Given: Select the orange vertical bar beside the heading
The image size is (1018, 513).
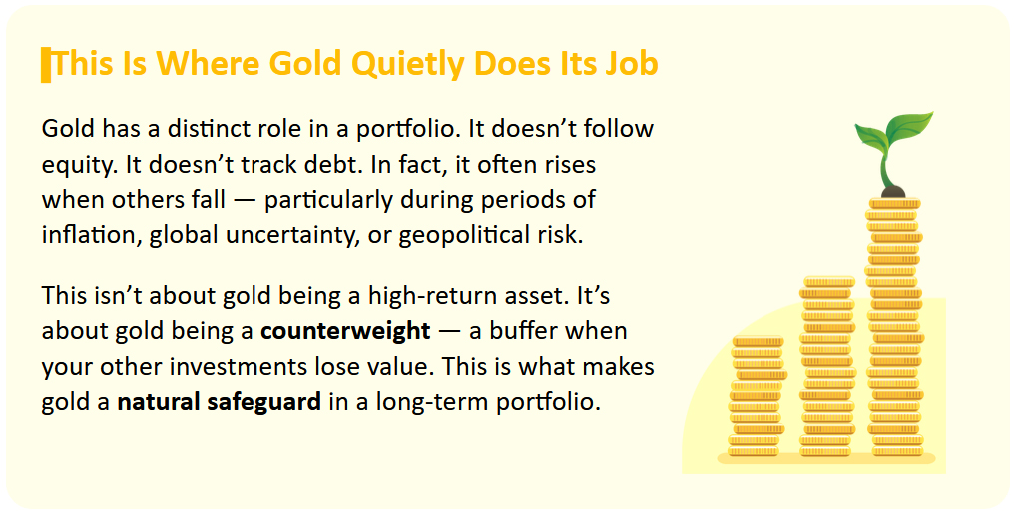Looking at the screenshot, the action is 46,65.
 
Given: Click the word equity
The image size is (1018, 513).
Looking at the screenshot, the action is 79,165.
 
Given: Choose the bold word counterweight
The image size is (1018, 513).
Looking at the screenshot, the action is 345,331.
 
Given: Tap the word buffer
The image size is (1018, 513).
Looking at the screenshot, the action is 523,331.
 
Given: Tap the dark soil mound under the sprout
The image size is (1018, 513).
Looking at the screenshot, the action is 894,191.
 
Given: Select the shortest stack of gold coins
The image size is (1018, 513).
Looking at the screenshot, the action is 757,396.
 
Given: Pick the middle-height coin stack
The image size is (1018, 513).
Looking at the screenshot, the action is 826,367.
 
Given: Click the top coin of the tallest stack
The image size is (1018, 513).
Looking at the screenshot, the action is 894,203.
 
